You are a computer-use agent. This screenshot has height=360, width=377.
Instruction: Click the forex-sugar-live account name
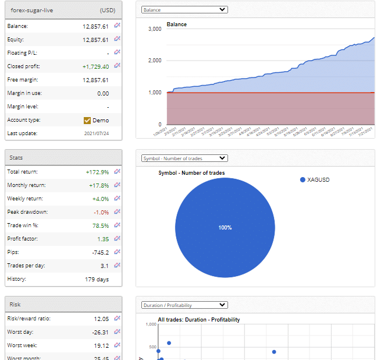(x=32, y=10)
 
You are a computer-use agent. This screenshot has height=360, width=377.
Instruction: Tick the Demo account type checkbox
(x=87, y=121)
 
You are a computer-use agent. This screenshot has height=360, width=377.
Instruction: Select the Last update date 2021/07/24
(x=96, y=133)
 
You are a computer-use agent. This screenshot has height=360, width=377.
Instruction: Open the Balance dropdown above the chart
(x=184, y=10)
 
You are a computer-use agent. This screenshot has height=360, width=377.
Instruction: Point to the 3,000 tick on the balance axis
(x=154, y=29)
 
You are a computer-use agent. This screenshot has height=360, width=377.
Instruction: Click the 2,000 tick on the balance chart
(x=154, y=61)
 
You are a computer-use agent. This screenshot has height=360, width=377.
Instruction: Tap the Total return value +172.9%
(x=97, y=172)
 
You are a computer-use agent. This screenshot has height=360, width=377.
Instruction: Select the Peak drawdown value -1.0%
(x=101, y=212)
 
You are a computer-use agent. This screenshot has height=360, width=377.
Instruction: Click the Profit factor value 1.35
(x=103, y=239)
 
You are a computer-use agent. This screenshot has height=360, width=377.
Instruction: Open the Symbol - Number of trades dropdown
(x=184, y=158)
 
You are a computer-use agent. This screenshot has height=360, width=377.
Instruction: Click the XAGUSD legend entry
(x=318, y=180)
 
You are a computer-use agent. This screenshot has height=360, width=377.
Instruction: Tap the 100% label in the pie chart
(x=225, y=227)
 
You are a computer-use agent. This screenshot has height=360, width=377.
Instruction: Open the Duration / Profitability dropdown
(x=184, y=305)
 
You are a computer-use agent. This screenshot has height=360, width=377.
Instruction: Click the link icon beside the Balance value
(x=117, y=26)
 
